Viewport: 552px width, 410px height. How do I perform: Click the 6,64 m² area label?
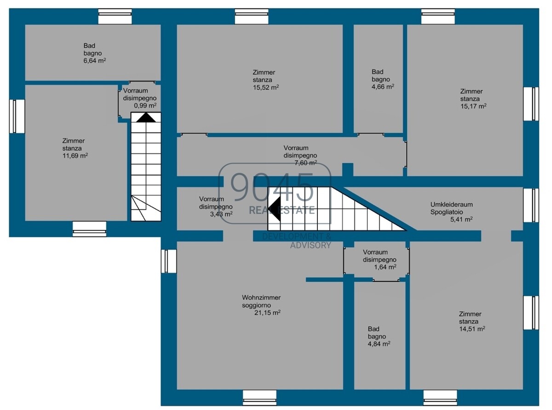pos(95,60)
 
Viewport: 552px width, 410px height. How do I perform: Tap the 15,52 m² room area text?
pos(266,88)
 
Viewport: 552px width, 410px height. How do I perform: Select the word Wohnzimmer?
pos(261,297)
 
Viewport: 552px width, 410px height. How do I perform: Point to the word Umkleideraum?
pos(451,205)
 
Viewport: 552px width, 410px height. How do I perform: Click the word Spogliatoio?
pos(447,212)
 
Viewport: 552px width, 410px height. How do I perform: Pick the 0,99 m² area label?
pos(145,105)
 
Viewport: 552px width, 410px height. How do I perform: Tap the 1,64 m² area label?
pos(385,267)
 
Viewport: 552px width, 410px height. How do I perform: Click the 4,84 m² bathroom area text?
pos(379,344)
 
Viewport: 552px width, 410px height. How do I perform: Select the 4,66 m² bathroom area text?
pos(383,87)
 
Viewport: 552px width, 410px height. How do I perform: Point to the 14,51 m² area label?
pos(472,329)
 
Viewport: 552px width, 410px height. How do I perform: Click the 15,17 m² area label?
pos(473,106)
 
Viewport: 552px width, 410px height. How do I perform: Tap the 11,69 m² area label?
pos(75,156)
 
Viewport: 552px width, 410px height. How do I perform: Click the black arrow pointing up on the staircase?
pos(146,117)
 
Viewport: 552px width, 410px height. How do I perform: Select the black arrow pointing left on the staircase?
pos(275,209)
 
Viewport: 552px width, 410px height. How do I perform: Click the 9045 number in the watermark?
pos(272,187)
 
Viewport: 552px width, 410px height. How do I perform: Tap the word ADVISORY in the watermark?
pos(310,245)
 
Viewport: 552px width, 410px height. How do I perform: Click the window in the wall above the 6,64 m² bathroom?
pos(115,17)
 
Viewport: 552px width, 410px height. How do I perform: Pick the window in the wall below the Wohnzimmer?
pos(259,398)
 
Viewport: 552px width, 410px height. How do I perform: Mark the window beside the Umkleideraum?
pos(531,205)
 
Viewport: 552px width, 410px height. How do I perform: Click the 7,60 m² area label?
pos(305,163)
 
